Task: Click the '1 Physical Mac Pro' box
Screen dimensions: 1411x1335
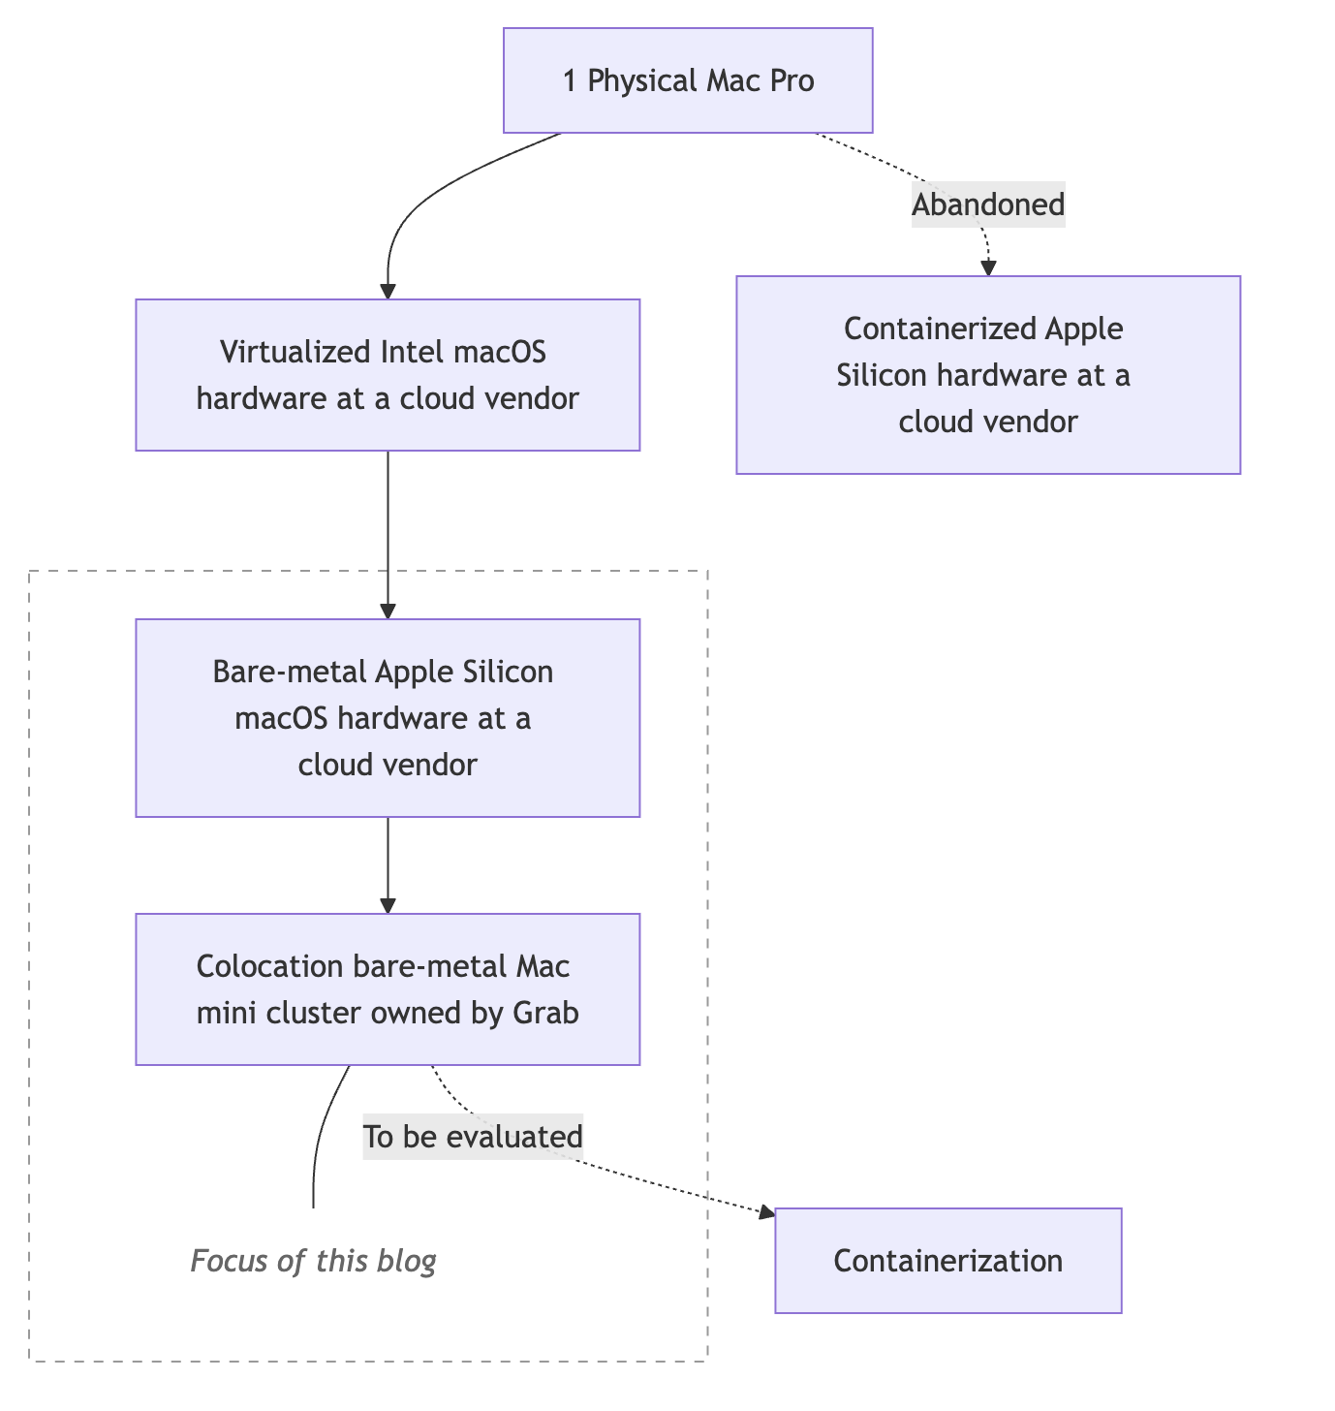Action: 688,80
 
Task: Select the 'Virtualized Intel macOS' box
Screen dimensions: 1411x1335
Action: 388,375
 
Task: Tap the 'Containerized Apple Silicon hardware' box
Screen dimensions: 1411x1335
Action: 987,375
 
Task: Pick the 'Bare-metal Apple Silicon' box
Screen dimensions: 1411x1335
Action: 388,718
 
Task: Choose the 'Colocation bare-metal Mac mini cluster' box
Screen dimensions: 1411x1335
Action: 388,989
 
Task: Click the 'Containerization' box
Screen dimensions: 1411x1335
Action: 947,1261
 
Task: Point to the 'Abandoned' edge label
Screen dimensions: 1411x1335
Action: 988,204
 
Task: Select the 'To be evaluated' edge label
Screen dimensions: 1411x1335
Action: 473,1137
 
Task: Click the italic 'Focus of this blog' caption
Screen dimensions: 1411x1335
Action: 313,1261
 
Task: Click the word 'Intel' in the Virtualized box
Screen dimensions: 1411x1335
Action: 409,352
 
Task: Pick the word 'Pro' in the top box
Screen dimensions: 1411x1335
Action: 792,80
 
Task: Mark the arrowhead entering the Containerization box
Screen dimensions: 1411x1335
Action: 766,1212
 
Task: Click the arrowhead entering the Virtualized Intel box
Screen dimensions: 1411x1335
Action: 388,291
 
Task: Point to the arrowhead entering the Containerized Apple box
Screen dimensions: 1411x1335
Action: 988,268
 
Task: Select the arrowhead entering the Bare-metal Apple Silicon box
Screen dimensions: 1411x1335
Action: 388,611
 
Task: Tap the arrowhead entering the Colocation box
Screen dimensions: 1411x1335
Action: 388,905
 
